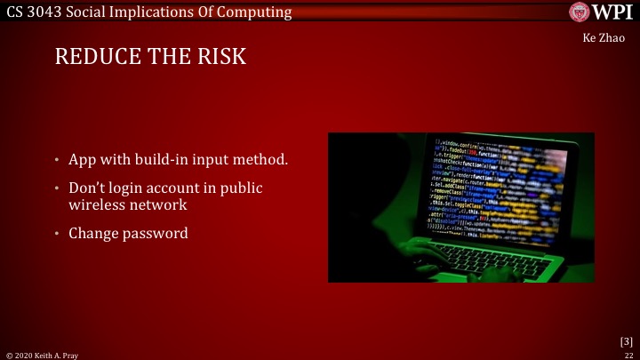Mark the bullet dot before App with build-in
tap(55, 161)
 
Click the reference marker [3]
tap(626, 340)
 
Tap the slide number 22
tap(627, 354)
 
